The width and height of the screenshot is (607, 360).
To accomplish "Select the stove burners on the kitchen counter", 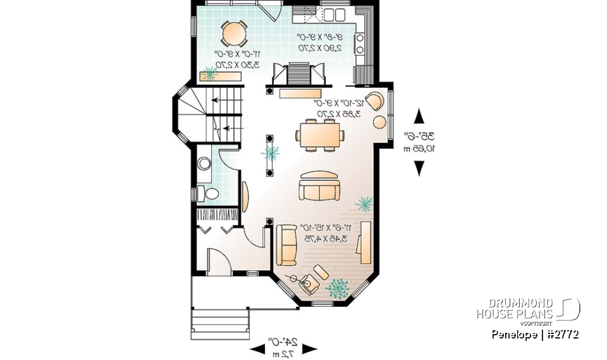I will [359, 44].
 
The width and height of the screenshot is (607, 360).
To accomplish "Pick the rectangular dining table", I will [319, 135].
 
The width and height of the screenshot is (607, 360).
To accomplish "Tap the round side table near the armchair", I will [380, 121].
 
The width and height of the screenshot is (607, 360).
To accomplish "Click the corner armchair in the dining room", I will [375, 101].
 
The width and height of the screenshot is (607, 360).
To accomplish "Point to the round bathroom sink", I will [204, 164].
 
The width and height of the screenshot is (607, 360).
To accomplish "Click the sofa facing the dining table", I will [319, 185].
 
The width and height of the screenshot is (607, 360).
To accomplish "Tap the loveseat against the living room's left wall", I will [286, 244].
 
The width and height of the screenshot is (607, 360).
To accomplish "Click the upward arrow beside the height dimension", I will [418, 116].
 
